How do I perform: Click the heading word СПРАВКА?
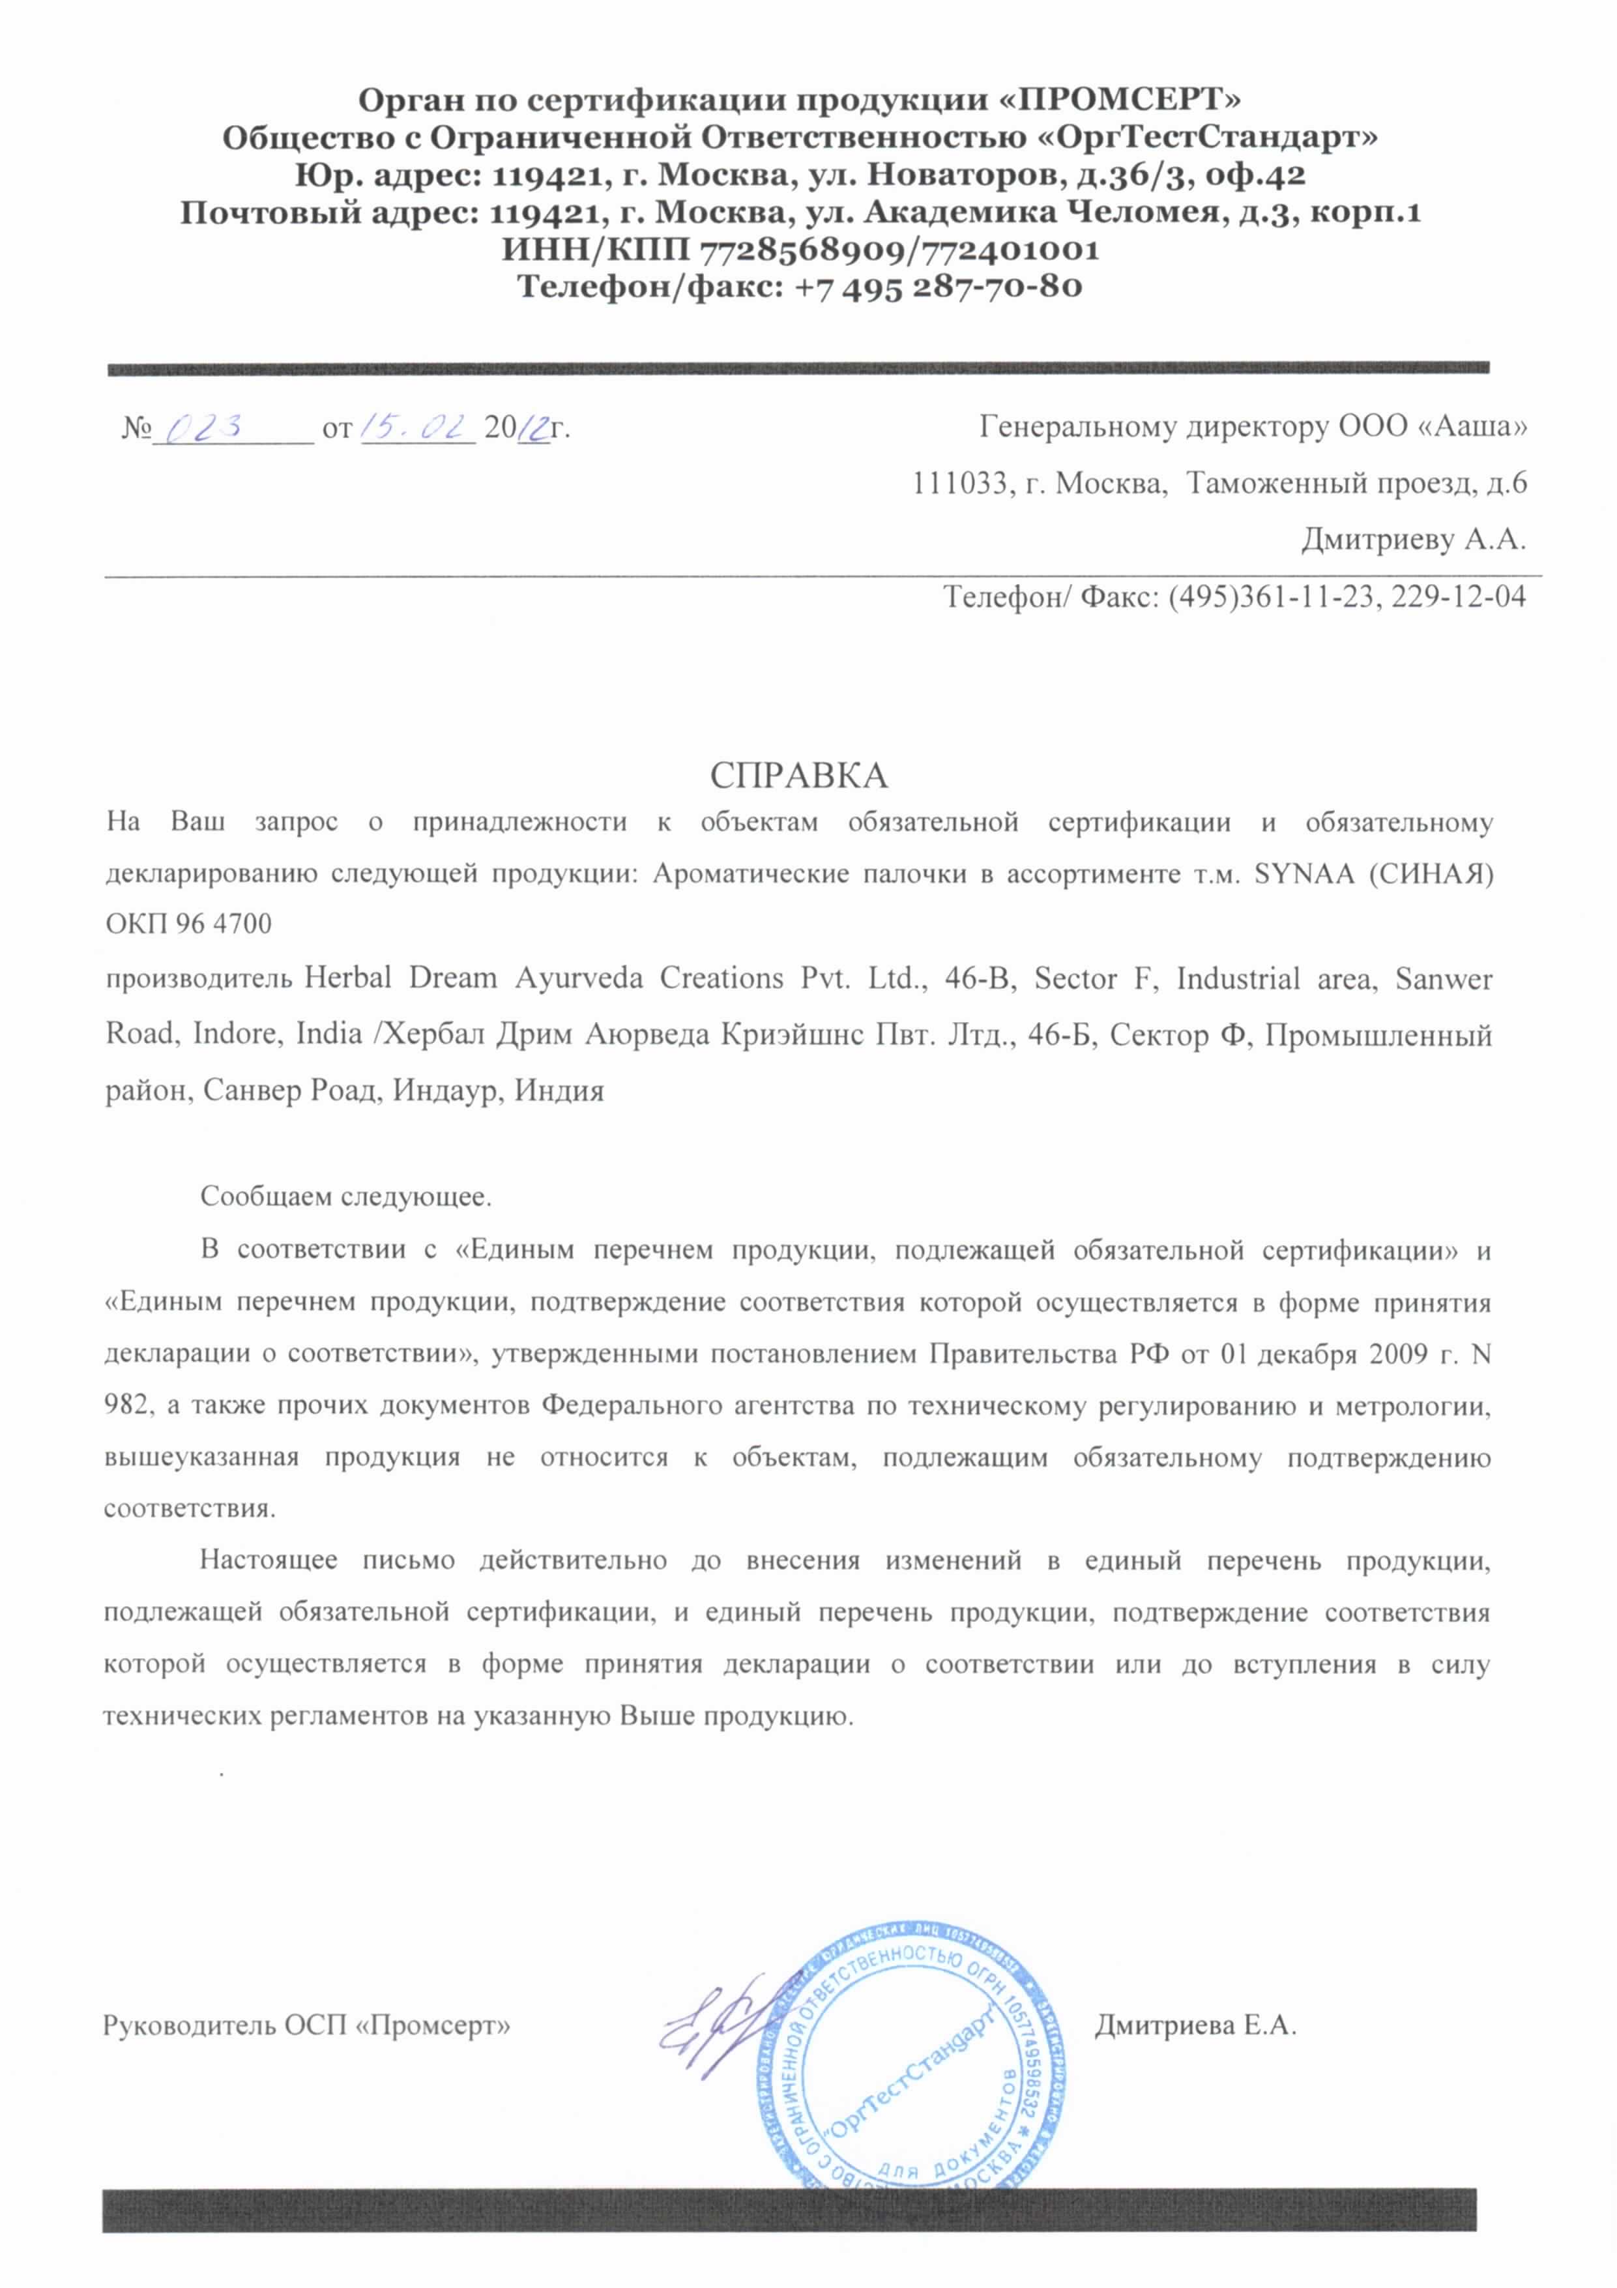point(798,774)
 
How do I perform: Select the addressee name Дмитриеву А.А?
point(1413,540)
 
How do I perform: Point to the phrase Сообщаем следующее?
point(345,1195)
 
